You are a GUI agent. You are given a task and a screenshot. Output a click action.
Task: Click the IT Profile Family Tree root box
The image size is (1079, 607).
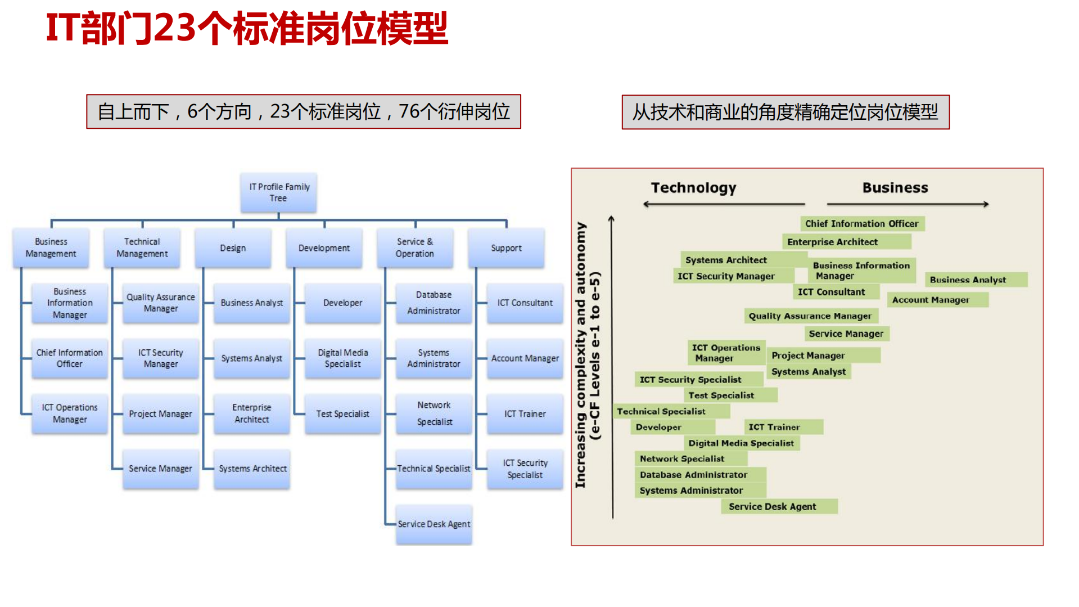(279, 192)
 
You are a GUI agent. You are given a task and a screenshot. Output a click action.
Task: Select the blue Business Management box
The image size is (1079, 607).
(51, 248)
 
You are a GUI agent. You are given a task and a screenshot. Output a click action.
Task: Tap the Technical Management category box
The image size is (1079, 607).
(142, 248)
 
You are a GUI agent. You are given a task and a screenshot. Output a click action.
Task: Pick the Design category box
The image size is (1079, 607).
(233, 248)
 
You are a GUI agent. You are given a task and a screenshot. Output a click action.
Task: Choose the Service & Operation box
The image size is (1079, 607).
(415, 248)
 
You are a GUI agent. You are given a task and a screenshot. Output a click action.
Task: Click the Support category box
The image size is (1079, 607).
(506, 248)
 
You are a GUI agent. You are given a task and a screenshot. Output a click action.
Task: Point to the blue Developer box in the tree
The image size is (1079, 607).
(342, 303)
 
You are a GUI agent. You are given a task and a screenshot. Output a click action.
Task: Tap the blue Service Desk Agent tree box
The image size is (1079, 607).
(434, 524)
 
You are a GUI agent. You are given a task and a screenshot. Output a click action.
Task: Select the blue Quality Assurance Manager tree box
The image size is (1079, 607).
(160, 303)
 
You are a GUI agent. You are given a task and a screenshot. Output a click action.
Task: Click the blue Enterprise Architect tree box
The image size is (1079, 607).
(251, 413)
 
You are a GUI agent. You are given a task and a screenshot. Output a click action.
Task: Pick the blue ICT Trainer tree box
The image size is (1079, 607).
(525, 413)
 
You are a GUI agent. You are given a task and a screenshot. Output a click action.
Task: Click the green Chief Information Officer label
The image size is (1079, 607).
(861, 223)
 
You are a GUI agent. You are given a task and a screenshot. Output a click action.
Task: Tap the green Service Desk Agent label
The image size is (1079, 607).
(779, 506)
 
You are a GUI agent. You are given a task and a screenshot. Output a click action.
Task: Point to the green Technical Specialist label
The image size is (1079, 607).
(671, 411)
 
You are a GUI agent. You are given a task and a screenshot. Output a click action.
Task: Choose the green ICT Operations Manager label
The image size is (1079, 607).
(725, 353)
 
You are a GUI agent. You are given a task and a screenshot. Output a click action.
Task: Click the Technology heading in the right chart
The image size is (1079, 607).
(693, 188)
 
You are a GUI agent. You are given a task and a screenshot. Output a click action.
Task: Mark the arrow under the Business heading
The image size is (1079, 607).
(908, 204)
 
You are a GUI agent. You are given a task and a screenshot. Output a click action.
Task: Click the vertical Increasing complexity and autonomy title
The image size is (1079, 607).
(580, 354)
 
